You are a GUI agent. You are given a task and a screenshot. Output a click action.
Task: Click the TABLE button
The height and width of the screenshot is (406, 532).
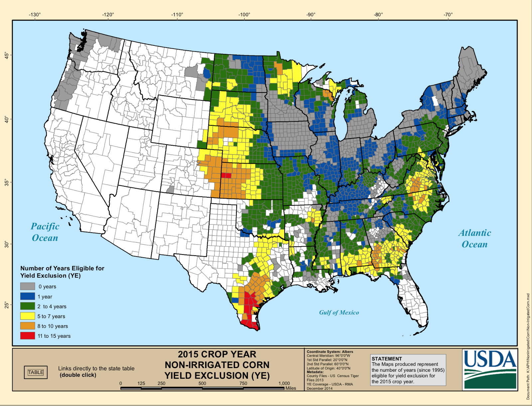[36, 372]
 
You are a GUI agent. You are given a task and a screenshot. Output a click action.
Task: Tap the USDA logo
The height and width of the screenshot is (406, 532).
[490, 369]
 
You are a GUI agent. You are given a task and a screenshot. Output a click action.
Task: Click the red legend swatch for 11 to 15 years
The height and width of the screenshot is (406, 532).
[28, 336]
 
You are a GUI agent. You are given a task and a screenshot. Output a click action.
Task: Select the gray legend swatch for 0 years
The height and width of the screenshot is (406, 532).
[28, 286]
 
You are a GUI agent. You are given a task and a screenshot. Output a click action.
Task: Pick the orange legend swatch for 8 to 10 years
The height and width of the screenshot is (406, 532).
[28, 326]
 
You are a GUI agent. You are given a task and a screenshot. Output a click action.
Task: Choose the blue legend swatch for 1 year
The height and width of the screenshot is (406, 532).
[28, 296]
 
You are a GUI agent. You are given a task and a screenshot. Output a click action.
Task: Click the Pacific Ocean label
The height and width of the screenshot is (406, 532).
[45, 232]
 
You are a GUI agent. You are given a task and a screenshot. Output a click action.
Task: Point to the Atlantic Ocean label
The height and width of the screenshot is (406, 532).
[474, 238]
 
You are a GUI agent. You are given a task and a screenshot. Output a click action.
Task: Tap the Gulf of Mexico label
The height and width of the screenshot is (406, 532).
[339, 312]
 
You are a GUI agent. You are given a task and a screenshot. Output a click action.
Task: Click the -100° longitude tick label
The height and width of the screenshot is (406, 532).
[244, 15]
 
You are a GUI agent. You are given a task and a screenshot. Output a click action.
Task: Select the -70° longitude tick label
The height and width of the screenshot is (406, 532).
[448, 15]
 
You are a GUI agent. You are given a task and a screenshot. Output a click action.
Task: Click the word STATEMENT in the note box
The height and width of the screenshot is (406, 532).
[387, 359]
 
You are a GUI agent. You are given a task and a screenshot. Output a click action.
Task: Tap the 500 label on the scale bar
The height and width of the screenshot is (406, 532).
[202, 383]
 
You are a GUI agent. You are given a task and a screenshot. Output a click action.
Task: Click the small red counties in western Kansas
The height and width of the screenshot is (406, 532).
[226, 175]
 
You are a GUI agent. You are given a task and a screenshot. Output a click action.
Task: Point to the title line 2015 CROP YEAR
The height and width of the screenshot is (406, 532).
[217, 354]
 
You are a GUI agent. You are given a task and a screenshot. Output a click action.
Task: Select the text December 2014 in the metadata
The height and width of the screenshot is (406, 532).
[319, 388]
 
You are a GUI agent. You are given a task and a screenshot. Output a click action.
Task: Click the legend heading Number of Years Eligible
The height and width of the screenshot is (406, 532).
[62, 268]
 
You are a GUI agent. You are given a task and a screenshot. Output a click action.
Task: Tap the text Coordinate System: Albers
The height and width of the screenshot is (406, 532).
[330, 351]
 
